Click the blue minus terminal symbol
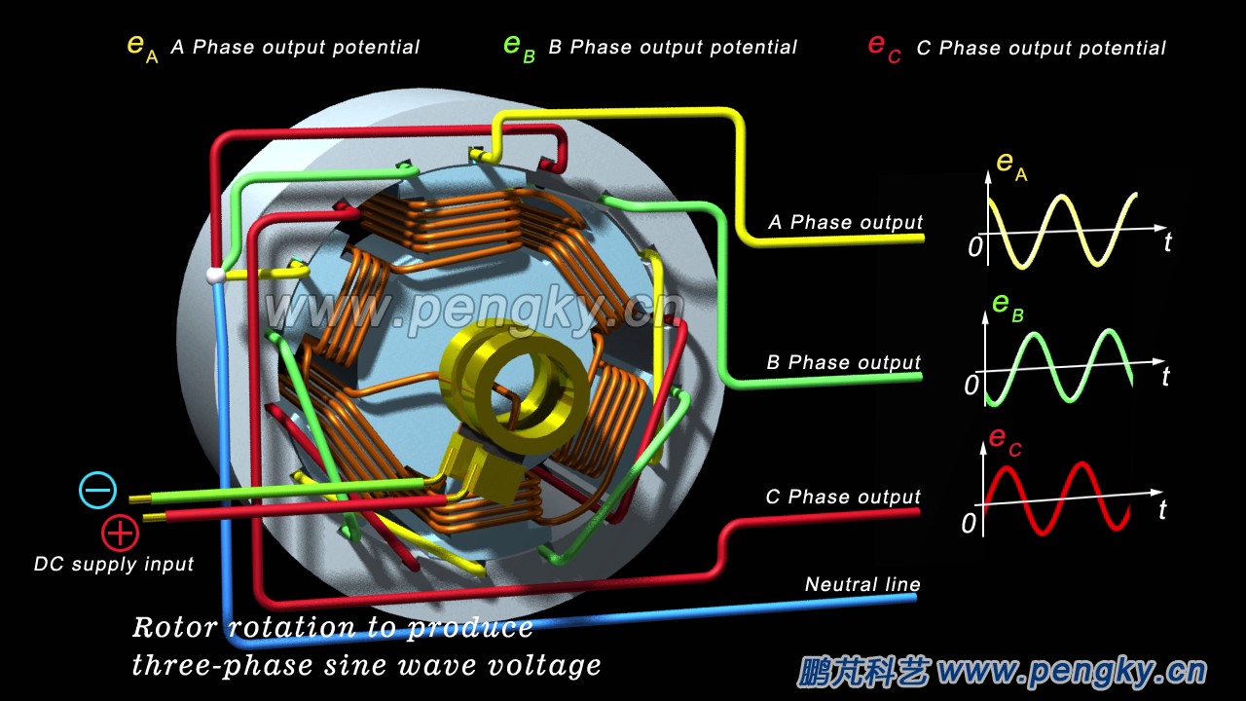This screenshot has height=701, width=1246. coord(97,490)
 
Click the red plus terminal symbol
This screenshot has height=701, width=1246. coord(120,532)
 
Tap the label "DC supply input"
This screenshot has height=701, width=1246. coord(114,564)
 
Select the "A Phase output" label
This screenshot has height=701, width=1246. coord(845,222)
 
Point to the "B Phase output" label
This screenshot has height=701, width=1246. coord(843,362)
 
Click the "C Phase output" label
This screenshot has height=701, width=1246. coord(842,497)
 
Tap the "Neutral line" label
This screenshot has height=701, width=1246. coord(861,584)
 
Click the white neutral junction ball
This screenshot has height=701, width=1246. coord(214,277)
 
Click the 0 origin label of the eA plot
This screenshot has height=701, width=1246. coord(974,247)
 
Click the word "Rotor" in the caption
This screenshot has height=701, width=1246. coord(171,627)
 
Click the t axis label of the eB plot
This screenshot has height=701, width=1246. coord(1165,376)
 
